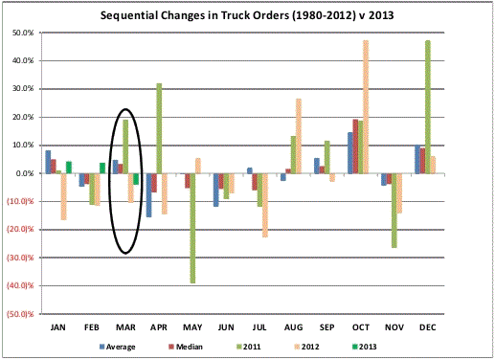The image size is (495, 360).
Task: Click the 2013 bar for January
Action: (x=69, y=168)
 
